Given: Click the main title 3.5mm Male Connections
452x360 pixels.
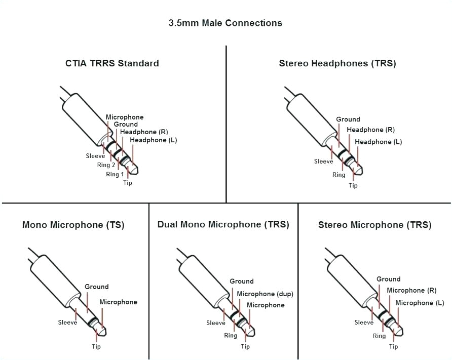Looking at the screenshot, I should (225, 23).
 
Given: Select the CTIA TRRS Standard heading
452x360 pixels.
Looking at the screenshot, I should (112, 63).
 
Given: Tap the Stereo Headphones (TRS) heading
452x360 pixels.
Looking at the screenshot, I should (337, 63).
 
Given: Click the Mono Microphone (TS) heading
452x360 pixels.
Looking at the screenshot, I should (73, 225).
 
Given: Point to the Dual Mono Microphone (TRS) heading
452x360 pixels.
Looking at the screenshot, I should (223, 224).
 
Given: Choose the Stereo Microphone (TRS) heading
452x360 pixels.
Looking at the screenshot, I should (375, 225).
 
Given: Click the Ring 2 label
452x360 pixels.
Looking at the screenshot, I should (106, 165).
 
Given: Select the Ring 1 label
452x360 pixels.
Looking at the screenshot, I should (115, 174).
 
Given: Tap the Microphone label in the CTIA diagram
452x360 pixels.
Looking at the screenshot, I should (125, 117).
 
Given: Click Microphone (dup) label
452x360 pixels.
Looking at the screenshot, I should (265, 294).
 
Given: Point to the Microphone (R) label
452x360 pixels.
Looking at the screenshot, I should (412, 290).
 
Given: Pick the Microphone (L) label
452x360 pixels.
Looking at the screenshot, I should (420, 303).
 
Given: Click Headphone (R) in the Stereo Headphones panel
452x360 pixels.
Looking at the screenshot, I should (371, 130).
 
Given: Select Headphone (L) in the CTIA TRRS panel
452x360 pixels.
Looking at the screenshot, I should (154, 140).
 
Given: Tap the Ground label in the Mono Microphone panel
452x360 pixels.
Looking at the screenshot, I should (97, 287).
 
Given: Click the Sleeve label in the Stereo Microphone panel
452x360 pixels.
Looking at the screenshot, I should (364, 323).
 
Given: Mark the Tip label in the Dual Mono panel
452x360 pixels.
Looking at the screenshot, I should (245, 347).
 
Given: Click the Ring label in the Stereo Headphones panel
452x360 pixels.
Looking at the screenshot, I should (339, 175).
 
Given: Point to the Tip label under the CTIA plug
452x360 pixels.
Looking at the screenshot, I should (128, 183).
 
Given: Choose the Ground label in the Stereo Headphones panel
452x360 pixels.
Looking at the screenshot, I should (348, 119).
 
